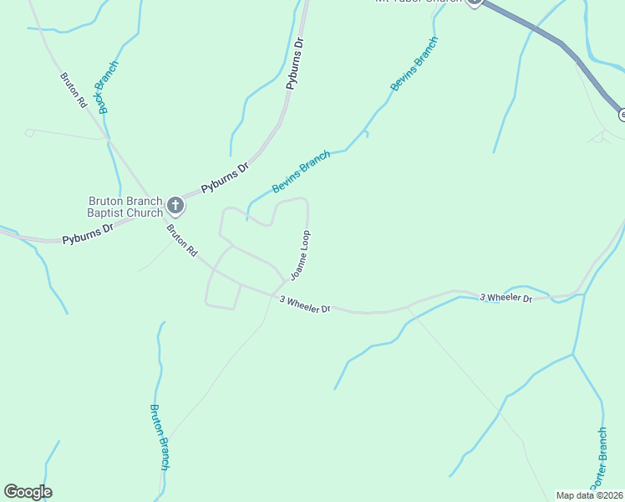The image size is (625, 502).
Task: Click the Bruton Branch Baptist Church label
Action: click(x=126, y=207)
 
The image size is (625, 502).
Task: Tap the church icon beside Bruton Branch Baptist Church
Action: click(x=175, y=204)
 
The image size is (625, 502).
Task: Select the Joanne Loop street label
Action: click(x=300, y=254)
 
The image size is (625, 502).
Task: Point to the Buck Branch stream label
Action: click(x=108, y=87)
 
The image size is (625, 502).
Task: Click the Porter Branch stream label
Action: click(x=597, y=459)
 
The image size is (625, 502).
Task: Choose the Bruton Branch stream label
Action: click(x=160, y=436)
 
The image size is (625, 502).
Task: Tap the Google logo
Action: click(x=28, y=492)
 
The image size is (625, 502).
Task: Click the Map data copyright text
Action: click(x=590, y=495)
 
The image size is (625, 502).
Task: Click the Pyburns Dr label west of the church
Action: click(x=87, y=234)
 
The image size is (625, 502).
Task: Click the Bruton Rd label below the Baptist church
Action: click(x=180, y=240)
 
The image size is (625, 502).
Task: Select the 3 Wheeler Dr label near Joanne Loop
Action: click(x=305, y=304)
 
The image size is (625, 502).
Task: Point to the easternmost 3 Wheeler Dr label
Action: click(x=506, y=298)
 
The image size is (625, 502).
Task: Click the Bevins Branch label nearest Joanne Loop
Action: click(x=300, y=172)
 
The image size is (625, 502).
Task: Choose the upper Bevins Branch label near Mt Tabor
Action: click(x=413, y=64)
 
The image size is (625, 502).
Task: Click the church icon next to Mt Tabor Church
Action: click(x=475, y=3)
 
